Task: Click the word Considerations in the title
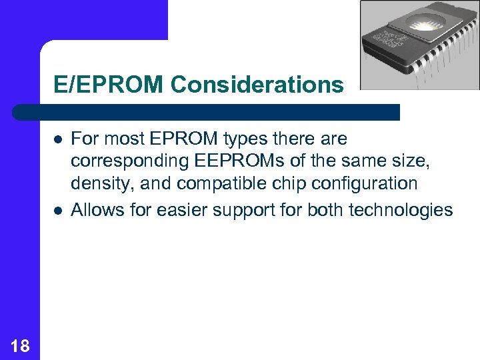pos(257,85)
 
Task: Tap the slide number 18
pos(20,345)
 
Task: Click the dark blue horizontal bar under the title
pos(207,112)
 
